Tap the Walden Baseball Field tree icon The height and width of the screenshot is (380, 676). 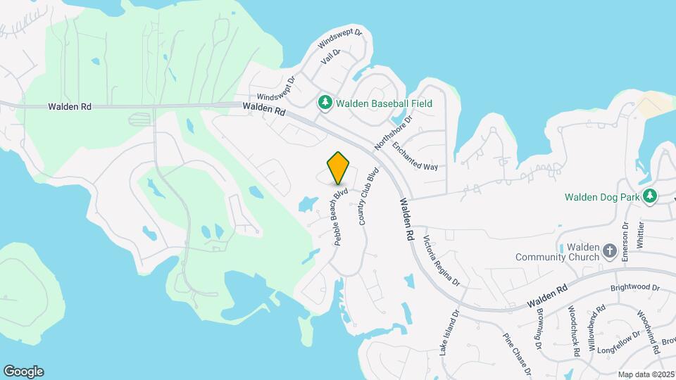(325, 103)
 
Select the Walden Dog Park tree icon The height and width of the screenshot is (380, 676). (652, 196)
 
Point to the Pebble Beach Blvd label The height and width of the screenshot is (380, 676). (342, 215)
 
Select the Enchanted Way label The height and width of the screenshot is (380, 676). (415, 156)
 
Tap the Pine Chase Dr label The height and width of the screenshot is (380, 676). (516, 355)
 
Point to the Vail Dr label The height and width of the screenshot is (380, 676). (330, 57)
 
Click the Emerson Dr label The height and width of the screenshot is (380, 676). (625, 242)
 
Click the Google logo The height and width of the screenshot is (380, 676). (23, 372)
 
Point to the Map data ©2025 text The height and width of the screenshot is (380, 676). (646, 374)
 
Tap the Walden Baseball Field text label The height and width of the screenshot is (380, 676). (384, 103)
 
